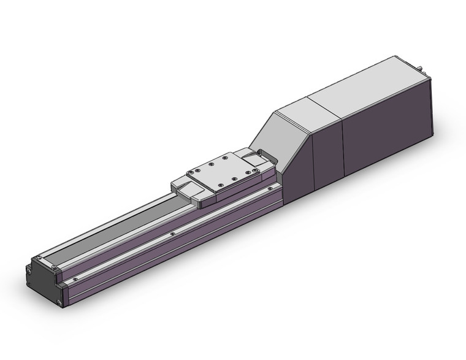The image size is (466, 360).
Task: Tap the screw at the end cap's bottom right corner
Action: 59,302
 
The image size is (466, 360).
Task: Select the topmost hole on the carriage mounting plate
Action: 228,155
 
